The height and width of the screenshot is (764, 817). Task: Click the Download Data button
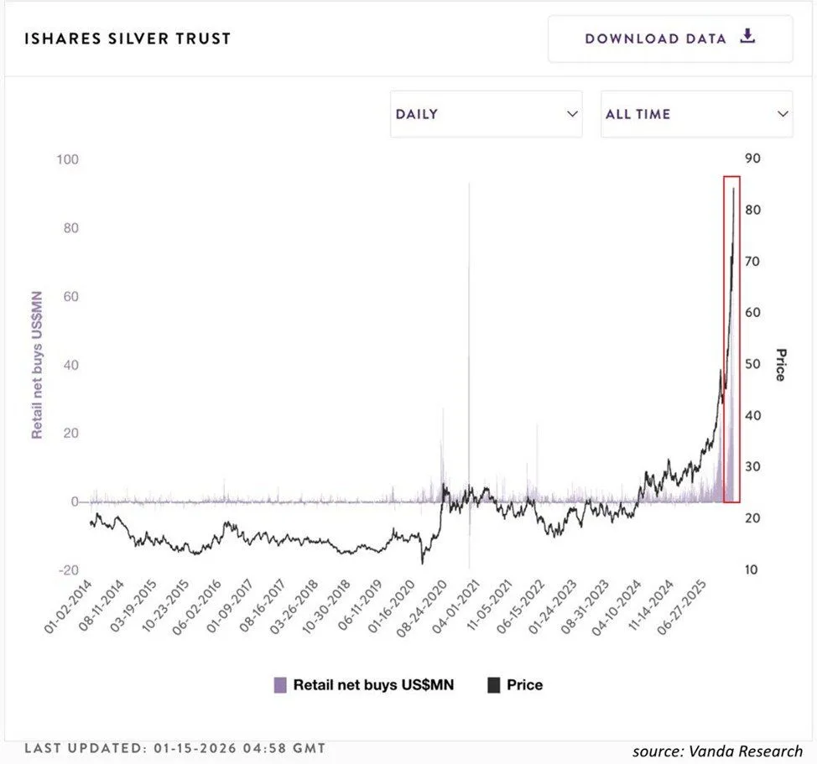coord(670,39)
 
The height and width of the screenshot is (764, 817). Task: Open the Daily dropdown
coord(486,114)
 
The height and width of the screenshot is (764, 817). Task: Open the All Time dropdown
coord(696,114)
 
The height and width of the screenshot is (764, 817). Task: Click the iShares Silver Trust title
coord(127,39)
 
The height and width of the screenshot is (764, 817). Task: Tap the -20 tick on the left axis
coord(68,570)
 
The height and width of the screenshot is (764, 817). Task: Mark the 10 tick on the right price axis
coord(751,570)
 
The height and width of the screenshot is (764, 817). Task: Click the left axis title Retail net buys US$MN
coord(37,364)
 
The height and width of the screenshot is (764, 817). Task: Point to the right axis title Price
coord(780,365)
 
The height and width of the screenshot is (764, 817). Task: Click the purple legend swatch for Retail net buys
coord(280,685)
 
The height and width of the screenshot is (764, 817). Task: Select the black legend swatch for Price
coord(493,685)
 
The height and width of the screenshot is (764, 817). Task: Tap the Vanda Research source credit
coord(717,751)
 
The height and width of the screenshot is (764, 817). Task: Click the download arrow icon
coord(748,37)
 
